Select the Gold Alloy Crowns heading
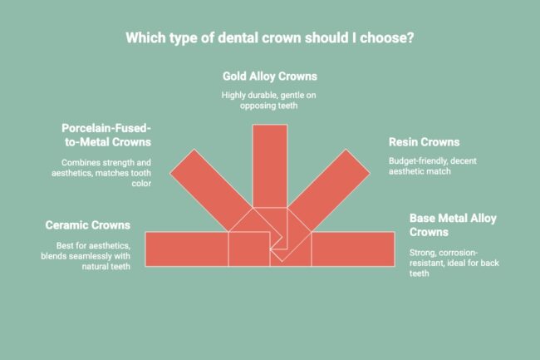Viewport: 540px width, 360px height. tap(269, 76)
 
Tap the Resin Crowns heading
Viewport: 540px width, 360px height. tap(424, 142)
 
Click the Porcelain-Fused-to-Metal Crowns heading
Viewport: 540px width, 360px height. tap(106, 135)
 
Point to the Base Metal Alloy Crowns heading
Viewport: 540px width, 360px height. tap(453, 225)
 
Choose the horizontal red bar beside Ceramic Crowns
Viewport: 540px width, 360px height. tap(187, 249)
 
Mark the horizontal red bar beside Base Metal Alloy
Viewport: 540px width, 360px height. tap(353, 249)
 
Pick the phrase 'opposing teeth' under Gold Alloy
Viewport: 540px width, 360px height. tap(269, 107)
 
